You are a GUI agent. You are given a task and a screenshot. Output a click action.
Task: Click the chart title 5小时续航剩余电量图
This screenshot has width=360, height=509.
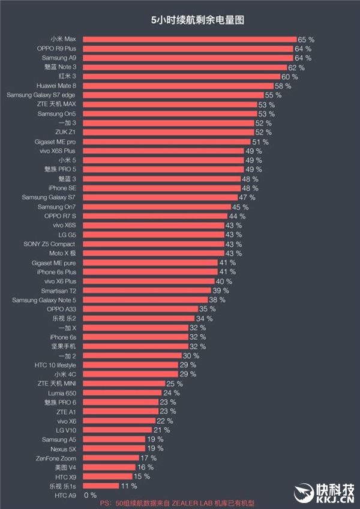pos(197,20)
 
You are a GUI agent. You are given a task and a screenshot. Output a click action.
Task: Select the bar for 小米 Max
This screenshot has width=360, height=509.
pos(189,39)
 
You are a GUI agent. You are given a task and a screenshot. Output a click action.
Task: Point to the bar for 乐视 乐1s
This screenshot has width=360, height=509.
pos(101,486)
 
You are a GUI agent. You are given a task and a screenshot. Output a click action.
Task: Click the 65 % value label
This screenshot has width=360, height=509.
pos(306,40)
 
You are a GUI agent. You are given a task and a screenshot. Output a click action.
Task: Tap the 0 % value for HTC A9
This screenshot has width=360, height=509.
pos(90,495)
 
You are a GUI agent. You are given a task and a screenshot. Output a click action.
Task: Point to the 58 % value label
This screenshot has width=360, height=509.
pos(283,86)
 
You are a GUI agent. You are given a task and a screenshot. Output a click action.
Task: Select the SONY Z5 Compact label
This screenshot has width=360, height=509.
pos(49,244)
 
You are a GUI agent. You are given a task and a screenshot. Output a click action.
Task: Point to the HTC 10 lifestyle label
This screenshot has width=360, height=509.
pos(55,365)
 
